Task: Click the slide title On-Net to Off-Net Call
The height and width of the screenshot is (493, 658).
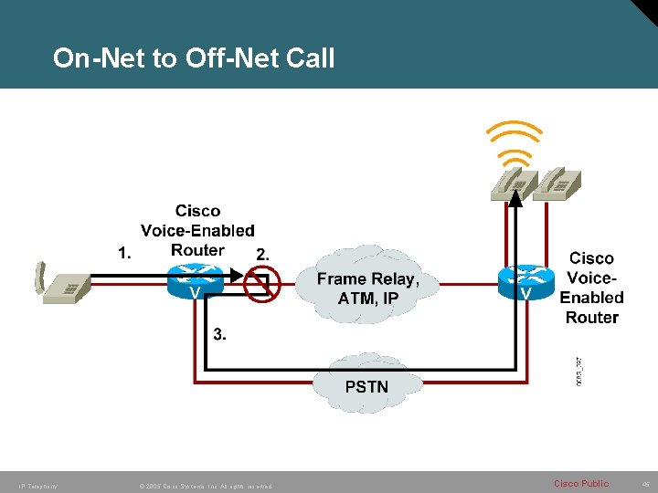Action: tap(194, 58)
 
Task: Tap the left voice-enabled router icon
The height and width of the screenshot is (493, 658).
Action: tap(195, 279)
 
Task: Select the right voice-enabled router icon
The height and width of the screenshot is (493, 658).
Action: tap(525, 280)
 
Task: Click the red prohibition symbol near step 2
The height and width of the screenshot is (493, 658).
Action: tap(262, 284)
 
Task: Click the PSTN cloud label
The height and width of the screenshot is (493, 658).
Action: tap(366, 386)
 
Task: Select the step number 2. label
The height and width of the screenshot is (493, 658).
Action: tap(262, 254)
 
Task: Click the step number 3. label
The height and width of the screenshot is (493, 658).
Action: tap(220, 333)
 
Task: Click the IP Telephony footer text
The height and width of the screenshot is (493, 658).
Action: tap(32, 486)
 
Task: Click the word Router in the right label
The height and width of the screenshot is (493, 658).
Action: tap(591, 318)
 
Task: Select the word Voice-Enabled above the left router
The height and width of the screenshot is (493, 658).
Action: tap(197, 231)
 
